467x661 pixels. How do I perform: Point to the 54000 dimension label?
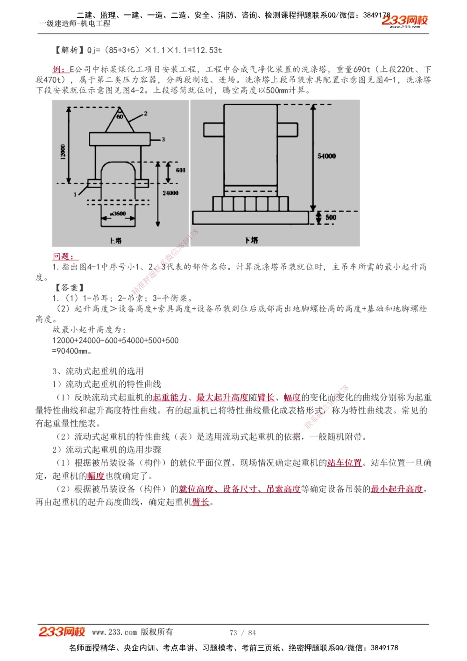click(326, 156)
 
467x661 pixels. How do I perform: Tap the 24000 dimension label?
click(170, 192)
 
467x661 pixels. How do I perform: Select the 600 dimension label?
click(180, 170)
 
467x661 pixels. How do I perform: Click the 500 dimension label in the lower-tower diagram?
click(331, 217)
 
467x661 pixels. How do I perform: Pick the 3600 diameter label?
click(118, 213)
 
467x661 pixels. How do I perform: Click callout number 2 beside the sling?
click(146, 114)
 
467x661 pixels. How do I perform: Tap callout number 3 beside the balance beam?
click(163, 139)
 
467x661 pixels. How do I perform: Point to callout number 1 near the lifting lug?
click(75, 194)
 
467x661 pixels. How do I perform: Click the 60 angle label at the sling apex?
click(120, 116)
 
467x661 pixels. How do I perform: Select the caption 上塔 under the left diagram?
click(116, 241)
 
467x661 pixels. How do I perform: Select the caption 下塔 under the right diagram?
click(251, 240)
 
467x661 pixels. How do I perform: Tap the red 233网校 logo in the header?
click(404, 21)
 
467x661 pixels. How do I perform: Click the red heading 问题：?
click(65, 256)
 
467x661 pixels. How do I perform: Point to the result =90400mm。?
click(72, 351)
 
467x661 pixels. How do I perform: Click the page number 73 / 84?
click(243, 633)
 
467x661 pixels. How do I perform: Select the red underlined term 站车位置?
click(344, 462)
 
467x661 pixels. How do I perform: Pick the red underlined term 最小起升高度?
click(396, 489)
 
